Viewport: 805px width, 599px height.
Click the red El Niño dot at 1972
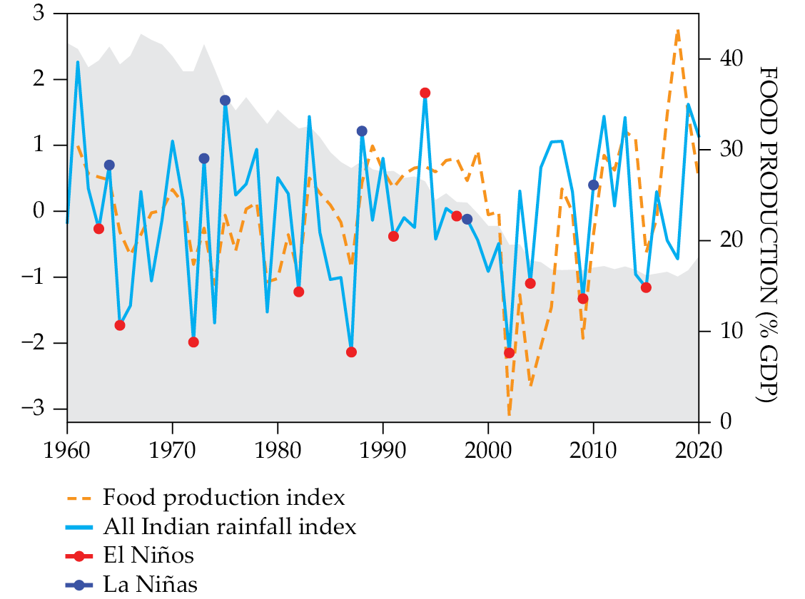193,342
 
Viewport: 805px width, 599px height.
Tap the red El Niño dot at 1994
425,93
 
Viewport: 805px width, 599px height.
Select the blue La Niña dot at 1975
225,101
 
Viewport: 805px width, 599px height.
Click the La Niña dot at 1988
362,131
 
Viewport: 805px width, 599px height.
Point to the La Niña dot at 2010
593,185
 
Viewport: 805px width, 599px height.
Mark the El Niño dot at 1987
351,352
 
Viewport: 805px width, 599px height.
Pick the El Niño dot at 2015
646,287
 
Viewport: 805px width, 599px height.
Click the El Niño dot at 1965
120,325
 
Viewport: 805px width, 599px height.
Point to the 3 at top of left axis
49,14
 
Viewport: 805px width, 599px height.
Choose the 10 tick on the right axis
722,331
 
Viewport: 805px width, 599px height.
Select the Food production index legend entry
224,498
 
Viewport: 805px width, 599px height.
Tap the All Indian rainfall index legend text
229,528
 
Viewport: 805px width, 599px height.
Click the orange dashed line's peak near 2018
677,30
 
